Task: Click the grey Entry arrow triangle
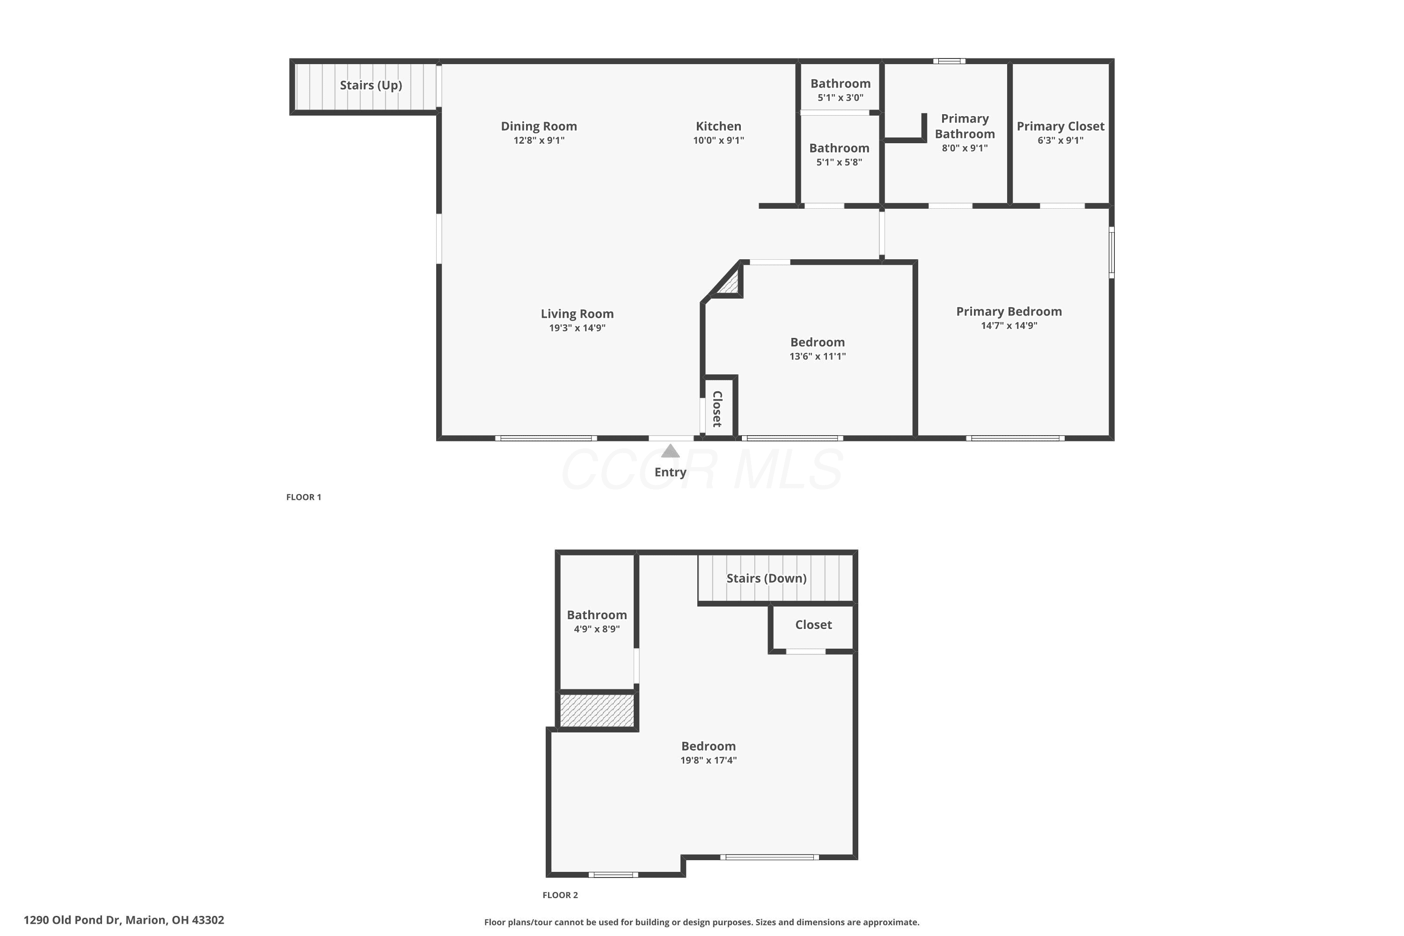[x=670, y=451]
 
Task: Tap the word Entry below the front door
[x=670, y=472]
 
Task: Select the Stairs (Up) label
[x=371, y=85]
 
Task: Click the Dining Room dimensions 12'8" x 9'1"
[x=539, y=140]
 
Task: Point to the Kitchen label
[x=719, y=126]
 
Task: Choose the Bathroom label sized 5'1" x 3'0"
[x=841, y=84]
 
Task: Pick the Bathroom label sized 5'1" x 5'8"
[x=839, y=148]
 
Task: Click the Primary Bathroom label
[x=965, y=126]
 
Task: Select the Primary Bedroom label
[x=1009, y=312]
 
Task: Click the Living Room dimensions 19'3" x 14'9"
[x=577, y=328]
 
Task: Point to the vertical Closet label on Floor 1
[x=718, y=409]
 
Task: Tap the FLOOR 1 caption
[x=304, y=497]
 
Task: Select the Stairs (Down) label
[x=767, y=578]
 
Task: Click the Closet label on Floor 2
[x=814, y=625]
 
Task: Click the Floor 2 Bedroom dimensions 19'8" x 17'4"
[x=709, y=760]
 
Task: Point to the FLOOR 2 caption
[x=560, y=895]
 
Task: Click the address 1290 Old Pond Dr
[x=72, y=920]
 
